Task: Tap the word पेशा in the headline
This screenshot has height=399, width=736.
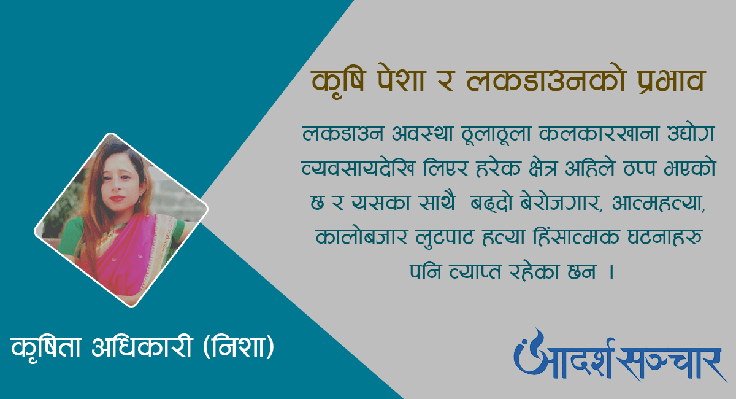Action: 402,80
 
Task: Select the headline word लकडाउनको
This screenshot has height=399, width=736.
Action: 545,80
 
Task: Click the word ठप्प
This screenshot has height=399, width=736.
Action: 639,169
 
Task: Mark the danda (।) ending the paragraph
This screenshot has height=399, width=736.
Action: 611,273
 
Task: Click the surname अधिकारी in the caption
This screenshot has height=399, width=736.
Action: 141,346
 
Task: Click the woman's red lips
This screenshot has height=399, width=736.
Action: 117,198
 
